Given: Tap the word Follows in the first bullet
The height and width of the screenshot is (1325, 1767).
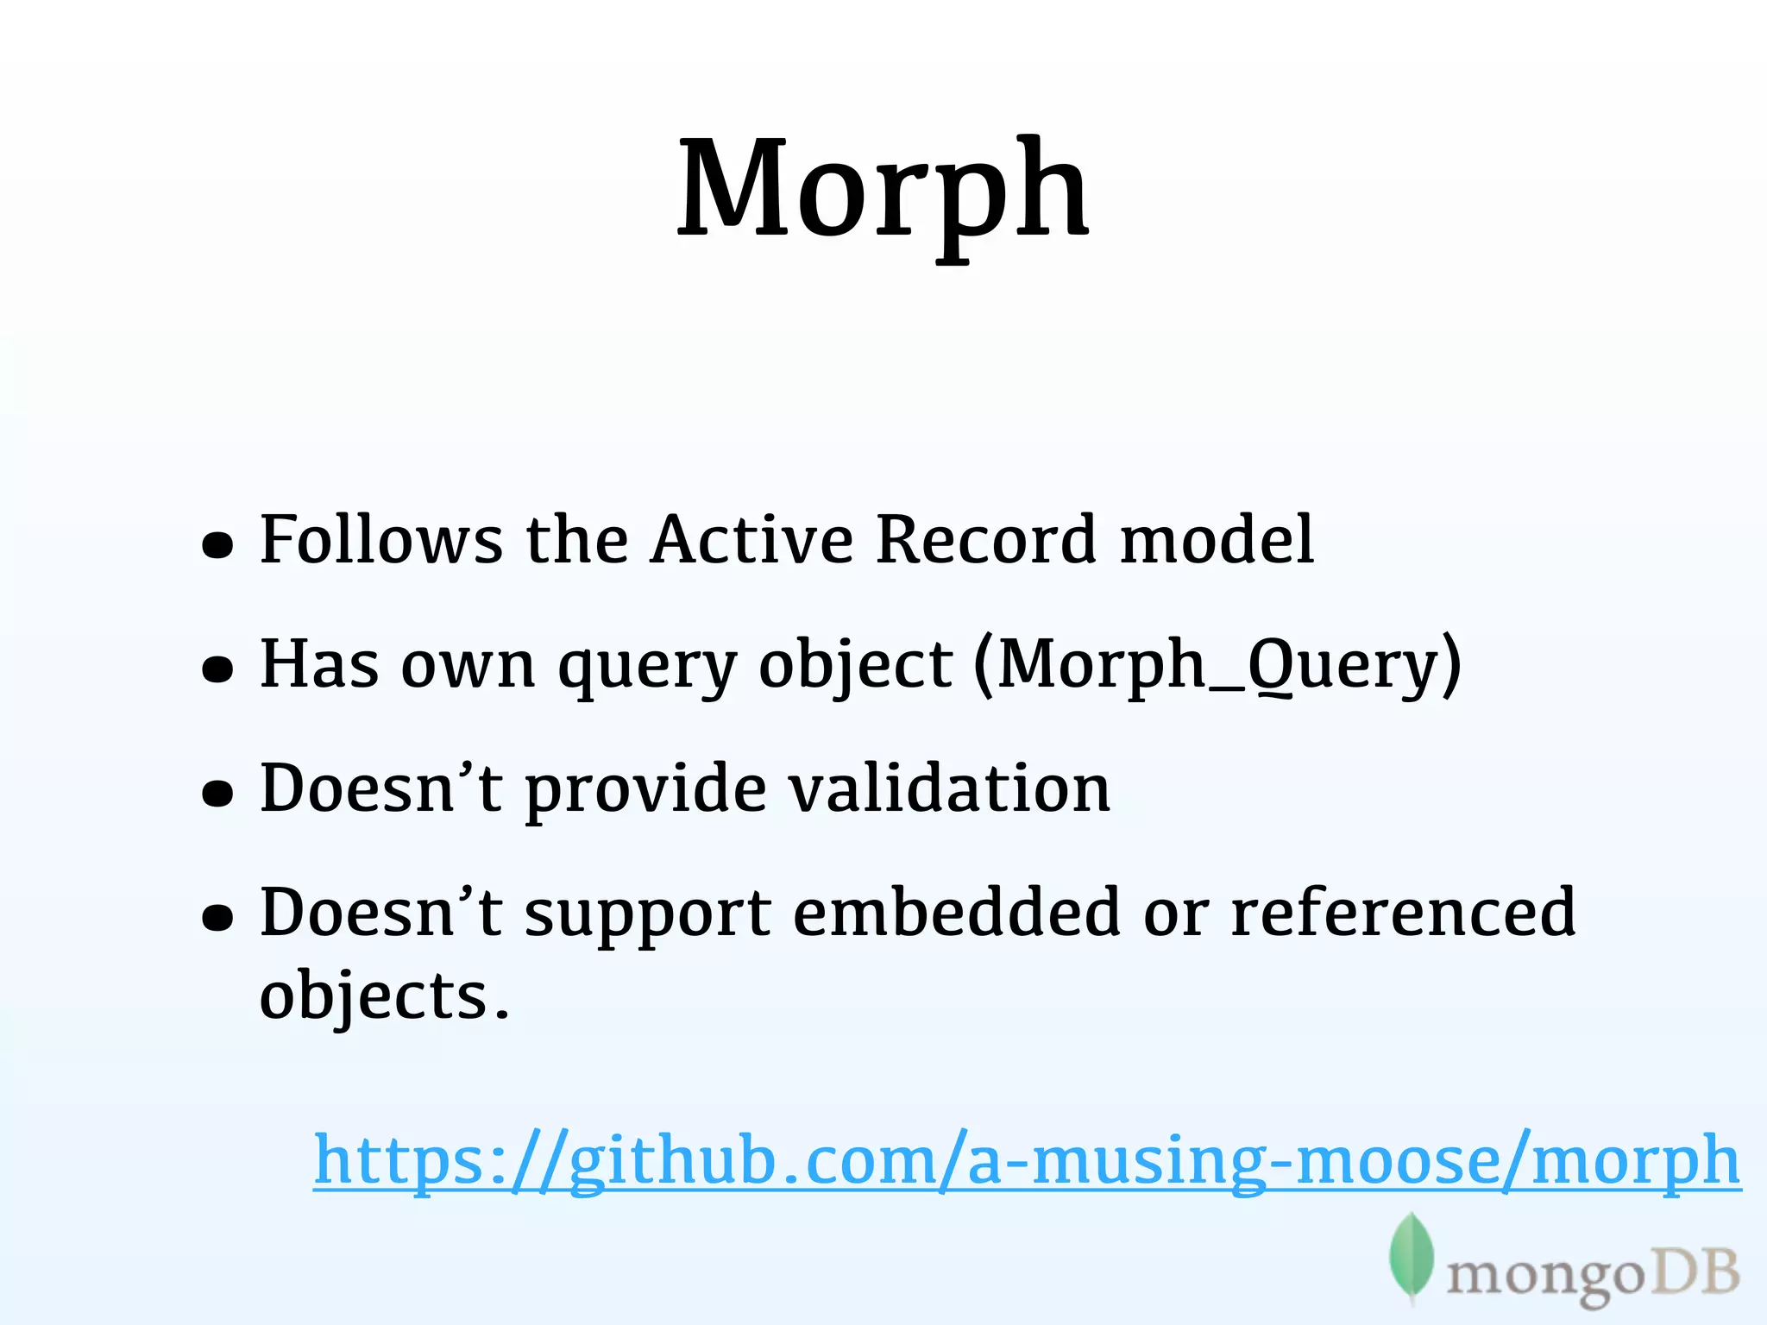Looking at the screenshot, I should click(380, 540).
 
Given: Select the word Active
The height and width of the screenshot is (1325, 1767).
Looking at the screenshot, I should click(751, 540).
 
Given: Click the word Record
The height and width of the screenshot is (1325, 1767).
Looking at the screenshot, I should click(986, 540).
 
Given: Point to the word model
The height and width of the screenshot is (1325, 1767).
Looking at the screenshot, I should click(1217, 540).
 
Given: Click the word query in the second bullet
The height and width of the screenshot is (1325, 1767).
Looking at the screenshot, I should click(647, 667).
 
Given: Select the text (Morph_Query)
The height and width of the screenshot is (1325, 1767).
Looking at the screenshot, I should click(1217, 665).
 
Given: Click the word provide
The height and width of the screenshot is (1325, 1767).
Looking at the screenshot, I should click(645, 790).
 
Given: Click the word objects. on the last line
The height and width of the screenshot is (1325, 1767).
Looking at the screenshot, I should click(385, 997).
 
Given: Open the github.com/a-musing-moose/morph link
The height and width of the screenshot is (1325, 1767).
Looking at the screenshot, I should click(1027, 1161).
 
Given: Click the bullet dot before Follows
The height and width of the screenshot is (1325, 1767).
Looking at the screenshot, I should click(217, 545).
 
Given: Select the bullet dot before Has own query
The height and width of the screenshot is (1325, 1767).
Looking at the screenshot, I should click(217, 669).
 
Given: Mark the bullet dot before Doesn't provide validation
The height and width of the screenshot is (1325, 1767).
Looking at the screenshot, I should click(217, 794).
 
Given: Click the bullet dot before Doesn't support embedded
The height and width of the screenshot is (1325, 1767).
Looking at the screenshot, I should click(217, 918).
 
